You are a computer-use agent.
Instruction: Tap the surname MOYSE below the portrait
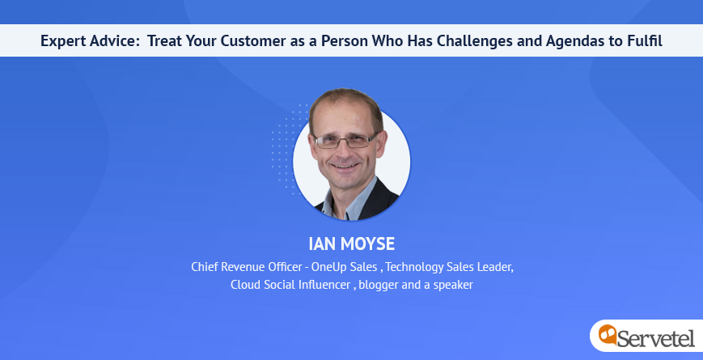click(x=367, y=244)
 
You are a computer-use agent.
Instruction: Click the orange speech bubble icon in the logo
click(x=608, y=334)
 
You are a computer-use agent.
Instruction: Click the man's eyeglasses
click(x=345, y=142)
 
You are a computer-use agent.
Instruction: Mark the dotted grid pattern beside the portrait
click(x=287, y=149)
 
